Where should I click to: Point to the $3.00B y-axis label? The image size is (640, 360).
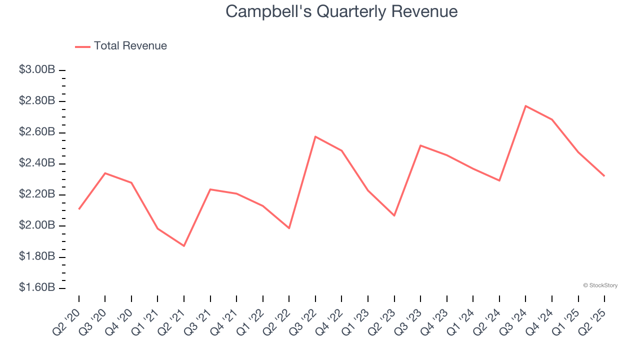pos(37,70)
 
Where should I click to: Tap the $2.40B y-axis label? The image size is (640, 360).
pos(37,163)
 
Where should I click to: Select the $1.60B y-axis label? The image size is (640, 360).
pos(37,288)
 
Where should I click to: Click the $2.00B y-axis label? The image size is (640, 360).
pos(37,225)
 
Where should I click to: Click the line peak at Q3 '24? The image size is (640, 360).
pos(525,106)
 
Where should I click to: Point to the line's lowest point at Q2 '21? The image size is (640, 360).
pos(184,246)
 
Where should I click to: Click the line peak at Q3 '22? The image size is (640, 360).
pos(315,136)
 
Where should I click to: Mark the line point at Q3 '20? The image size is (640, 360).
pos(105,173)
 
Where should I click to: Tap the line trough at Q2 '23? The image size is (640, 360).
pos(394,215)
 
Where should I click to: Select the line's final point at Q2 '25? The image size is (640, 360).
pos(604,176)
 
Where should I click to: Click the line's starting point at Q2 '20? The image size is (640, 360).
pos(79,209)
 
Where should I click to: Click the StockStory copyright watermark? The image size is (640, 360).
pos(600,285)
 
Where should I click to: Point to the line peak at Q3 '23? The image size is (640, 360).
pos(420,145)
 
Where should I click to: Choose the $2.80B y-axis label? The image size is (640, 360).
pos(37,101)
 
